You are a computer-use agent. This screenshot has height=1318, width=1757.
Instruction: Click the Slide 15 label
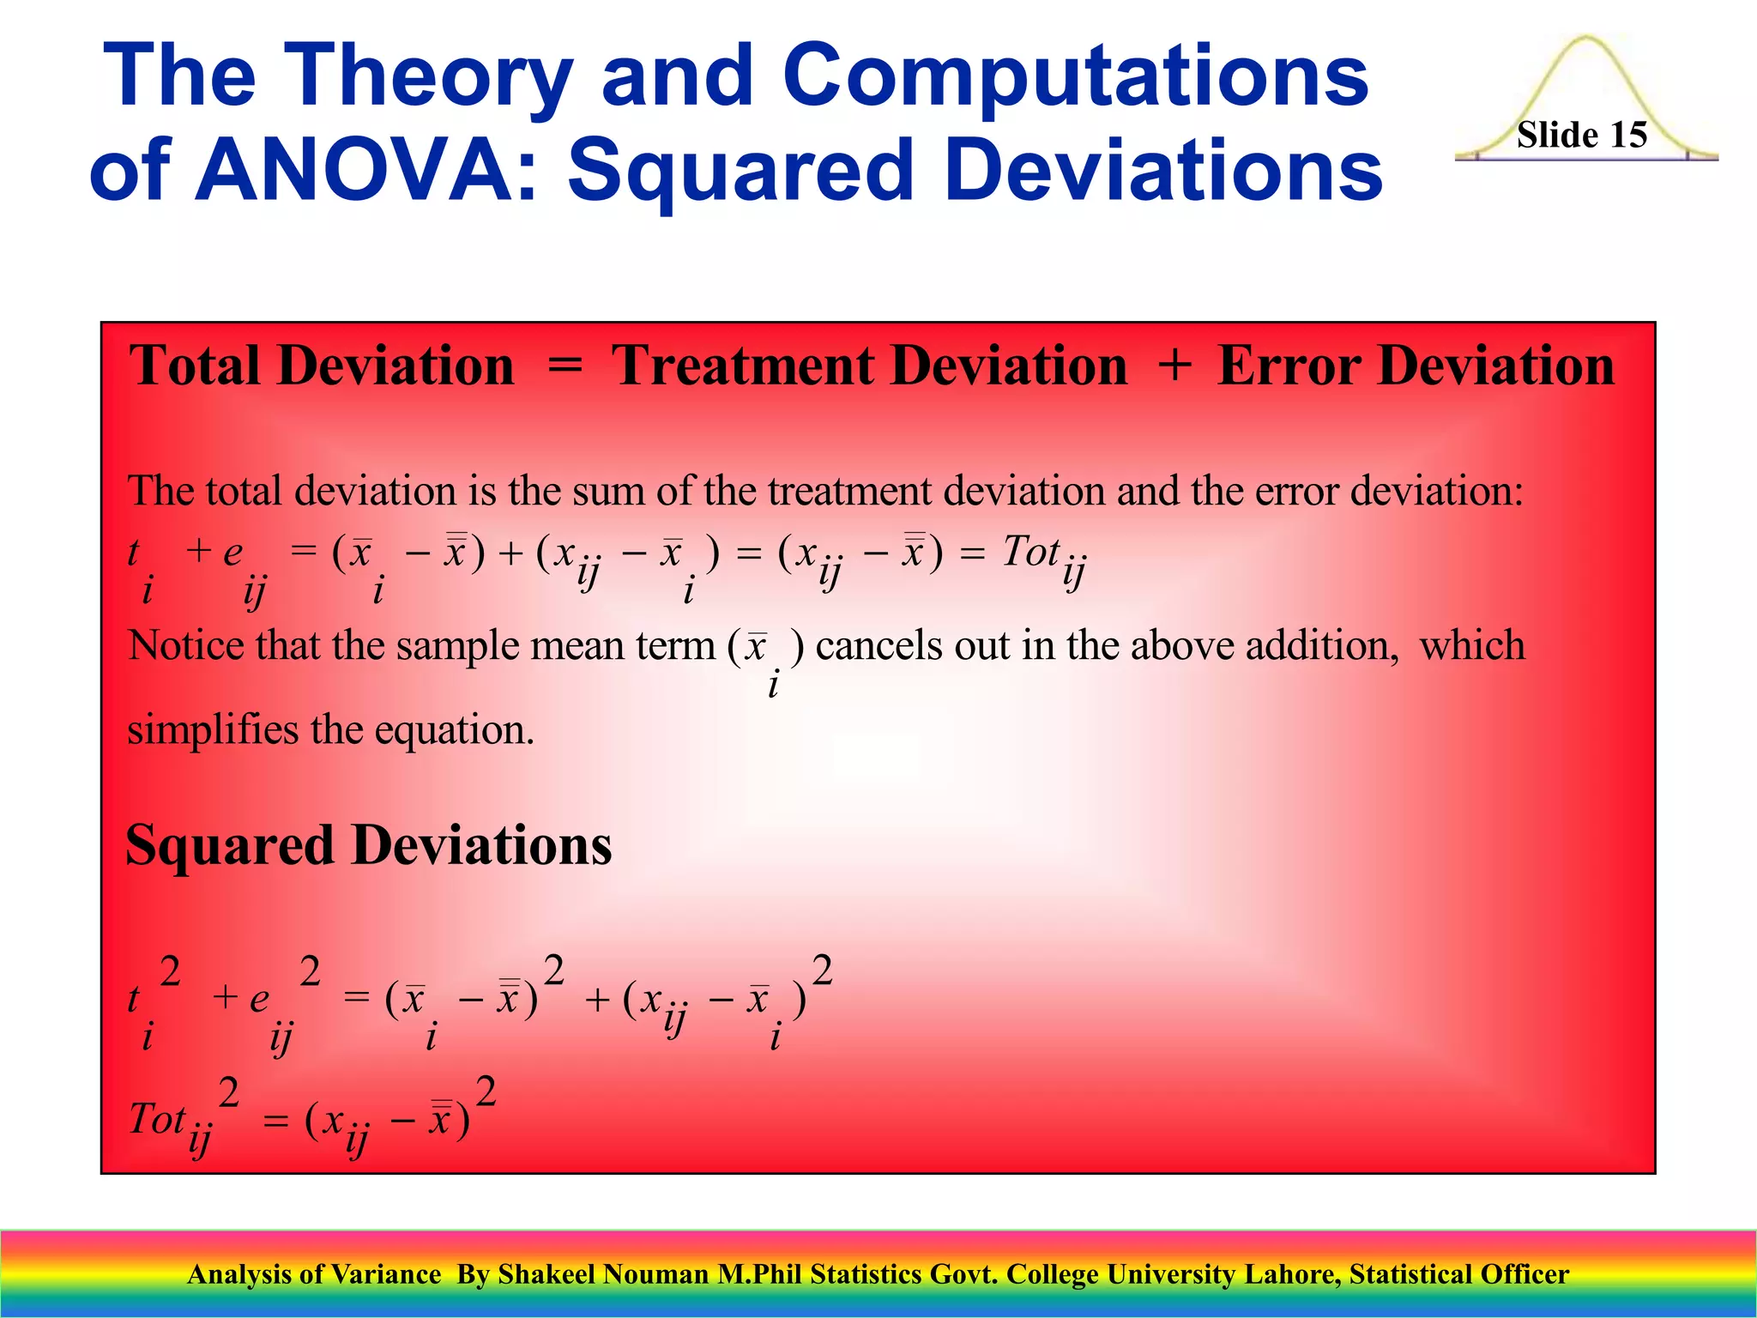(x=1581, y=136)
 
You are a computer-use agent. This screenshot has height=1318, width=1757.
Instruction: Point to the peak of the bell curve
(x=1586, y=39)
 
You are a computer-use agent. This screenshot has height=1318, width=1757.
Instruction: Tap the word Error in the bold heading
(x=1287, y=366)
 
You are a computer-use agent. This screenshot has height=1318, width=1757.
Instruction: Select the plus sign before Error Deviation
(x=1174, y=367)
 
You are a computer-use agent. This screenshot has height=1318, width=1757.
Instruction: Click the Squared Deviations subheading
(x=369, y=845)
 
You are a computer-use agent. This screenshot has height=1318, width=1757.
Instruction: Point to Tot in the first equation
(x=1030, y=552)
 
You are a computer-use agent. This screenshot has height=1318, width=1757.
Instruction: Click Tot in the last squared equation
(x=157, y=1119)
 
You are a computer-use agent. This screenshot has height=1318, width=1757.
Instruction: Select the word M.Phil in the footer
(x=759, y=1274)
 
